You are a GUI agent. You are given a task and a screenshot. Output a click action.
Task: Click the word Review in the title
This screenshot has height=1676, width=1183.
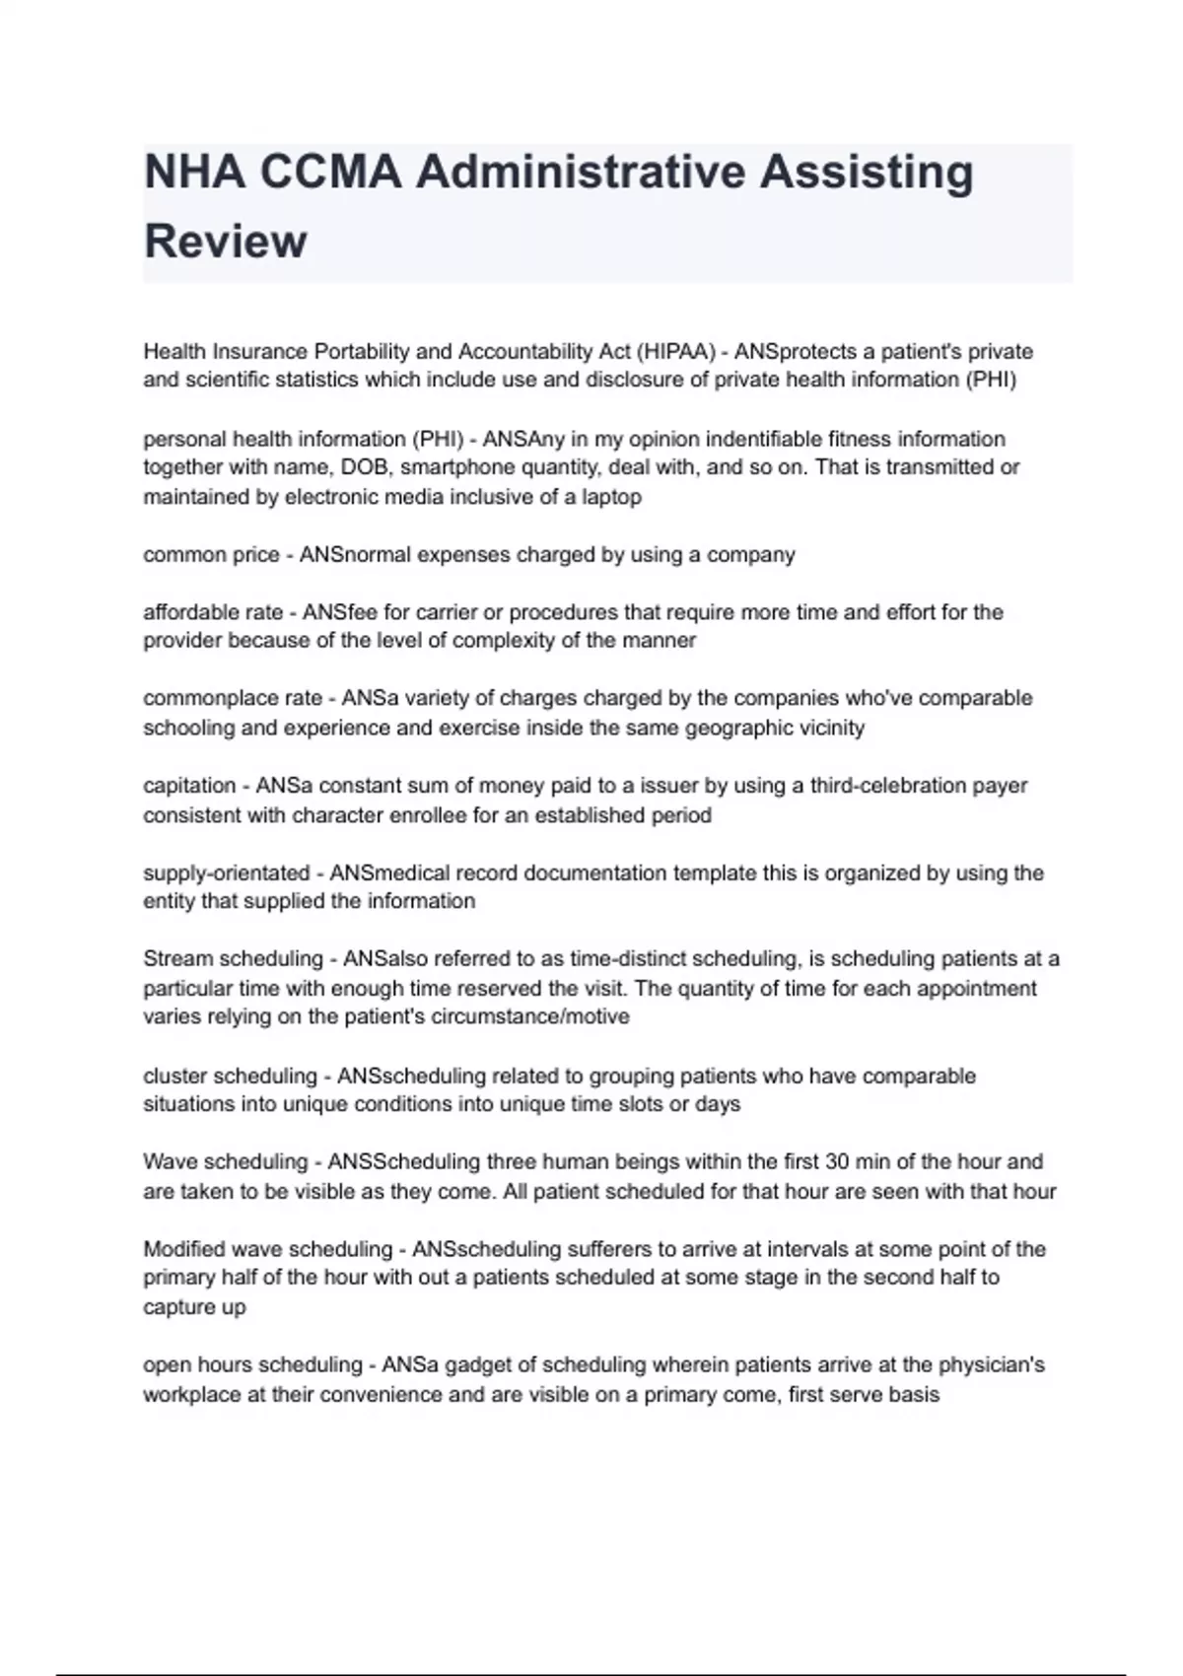click(x=225, y=242)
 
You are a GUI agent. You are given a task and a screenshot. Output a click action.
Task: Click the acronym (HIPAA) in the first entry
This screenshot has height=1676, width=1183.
click(x=675, y=352)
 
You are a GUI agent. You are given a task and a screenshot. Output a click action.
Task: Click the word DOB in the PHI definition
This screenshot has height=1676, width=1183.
click(x=366, y=467)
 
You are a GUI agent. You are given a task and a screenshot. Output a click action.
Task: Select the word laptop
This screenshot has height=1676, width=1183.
click(x=611, y=497)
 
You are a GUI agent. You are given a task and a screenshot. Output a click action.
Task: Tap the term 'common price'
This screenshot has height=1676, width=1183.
click(x=211, y=555)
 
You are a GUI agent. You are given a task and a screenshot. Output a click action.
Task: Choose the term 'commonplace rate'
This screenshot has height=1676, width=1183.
click(x=233, y=698)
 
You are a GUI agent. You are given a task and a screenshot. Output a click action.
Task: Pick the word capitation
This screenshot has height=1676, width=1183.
click(x=189, y=786)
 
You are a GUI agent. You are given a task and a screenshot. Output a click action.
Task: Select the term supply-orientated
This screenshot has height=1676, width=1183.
click(x=226, y=873)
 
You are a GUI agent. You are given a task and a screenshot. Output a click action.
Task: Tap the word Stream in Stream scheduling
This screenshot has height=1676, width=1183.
click(x=177, y=959)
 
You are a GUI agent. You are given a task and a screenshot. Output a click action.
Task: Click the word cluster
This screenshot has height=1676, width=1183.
click(x=174, y=1076)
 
